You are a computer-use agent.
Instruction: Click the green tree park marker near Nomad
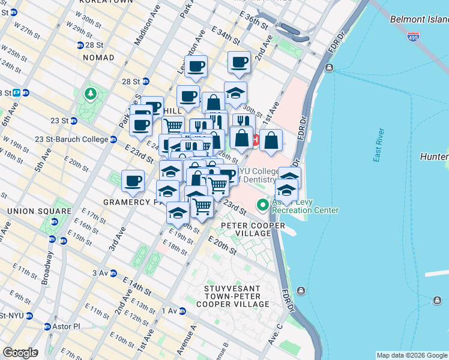pos(90,94)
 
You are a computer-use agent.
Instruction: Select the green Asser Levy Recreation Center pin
pos(262,205)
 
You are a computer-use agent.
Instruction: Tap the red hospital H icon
pos(256,141)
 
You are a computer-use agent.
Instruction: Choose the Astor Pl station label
pos(66,326)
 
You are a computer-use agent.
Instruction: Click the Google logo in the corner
pos(20,353)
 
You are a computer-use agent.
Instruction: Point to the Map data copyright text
pos(412,355)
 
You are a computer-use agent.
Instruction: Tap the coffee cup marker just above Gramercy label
pos(133,180)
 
